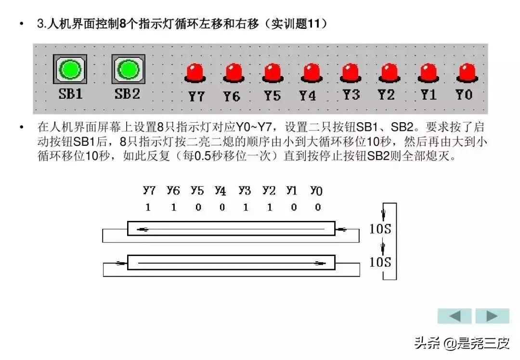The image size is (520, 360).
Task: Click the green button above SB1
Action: pos(70,70)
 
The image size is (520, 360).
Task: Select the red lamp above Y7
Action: pos(195,73)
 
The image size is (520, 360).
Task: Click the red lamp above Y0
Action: pos(466,73)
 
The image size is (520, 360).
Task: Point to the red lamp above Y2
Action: pos(388,73)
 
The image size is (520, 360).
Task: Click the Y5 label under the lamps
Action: pos(272,96)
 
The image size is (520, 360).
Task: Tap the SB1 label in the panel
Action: pos(70,94)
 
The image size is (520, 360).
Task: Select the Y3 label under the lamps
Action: pos(351,95)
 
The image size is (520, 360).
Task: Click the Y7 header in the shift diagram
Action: pos(149,191)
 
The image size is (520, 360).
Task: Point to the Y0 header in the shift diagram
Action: pos(316,191)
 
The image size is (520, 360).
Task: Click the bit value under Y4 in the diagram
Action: pos(221,207)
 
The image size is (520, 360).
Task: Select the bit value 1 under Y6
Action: pos(173,207)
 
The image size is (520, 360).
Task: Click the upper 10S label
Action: pos(380,228)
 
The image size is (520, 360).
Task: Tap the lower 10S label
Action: pos(380,262)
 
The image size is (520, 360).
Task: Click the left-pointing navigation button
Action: pos(455,316)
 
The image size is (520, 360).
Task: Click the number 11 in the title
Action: pos(314,24)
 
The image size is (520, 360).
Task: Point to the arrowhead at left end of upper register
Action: pos(143,229)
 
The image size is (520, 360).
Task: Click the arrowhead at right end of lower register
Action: pos(319,263)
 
